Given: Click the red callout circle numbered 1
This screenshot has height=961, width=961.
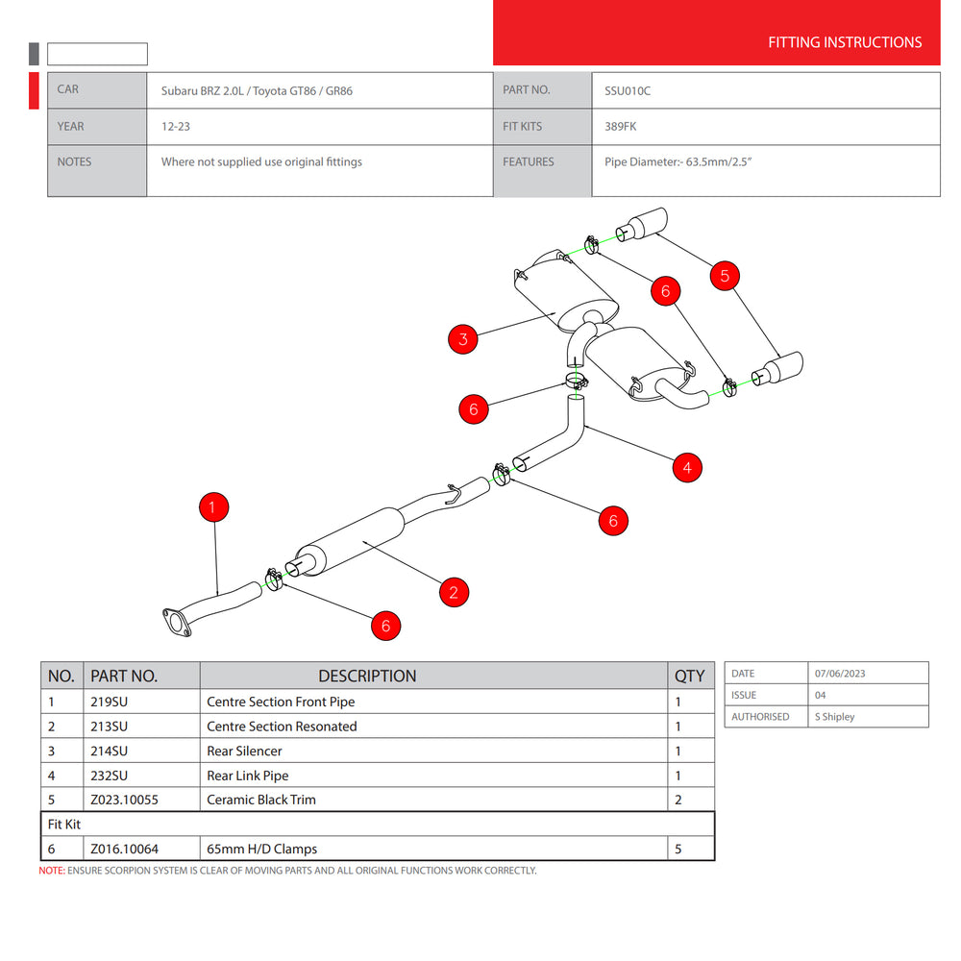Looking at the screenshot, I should tap(213, 507).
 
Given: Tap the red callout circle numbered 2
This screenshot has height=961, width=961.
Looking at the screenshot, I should tap(454, 592).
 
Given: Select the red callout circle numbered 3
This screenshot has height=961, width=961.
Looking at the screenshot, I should tap(463, 338).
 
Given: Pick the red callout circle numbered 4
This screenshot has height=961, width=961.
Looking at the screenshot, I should tap(686, 468).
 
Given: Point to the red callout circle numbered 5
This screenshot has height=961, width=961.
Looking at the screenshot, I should tap(725, 276).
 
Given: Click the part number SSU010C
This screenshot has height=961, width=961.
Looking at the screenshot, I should tap(628, 90).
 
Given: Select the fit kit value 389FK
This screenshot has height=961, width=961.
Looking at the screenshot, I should tap(621, 126).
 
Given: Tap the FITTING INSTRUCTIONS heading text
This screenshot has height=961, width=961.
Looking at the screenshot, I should tap(845, 42).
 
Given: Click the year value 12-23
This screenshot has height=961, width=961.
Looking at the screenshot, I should tap(175, 126).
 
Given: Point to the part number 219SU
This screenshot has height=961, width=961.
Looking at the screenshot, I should tap(109, 702).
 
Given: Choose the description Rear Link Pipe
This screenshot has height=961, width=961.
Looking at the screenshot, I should tap(248, 776).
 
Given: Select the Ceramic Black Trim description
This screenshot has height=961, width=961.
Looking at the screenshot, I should tap(261, 800).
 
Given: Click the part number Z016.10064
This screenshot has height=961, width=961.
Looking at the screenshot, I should tap(123, 849).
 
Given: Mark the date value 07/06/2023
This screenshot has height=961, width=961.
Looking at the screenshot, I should tap(840, 674).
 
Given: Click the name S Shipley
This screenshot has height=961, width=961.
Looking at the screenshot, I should tap(834, 717).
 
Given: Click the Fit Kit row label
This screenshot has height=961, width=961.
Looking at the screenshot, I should tap(63, 825).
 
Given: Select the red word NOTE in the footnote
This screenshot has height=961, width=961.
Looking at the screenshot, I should tap(51, 871).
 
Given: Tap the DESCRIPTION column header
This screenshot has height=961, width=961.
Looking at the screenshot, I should tap(367, 676).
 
